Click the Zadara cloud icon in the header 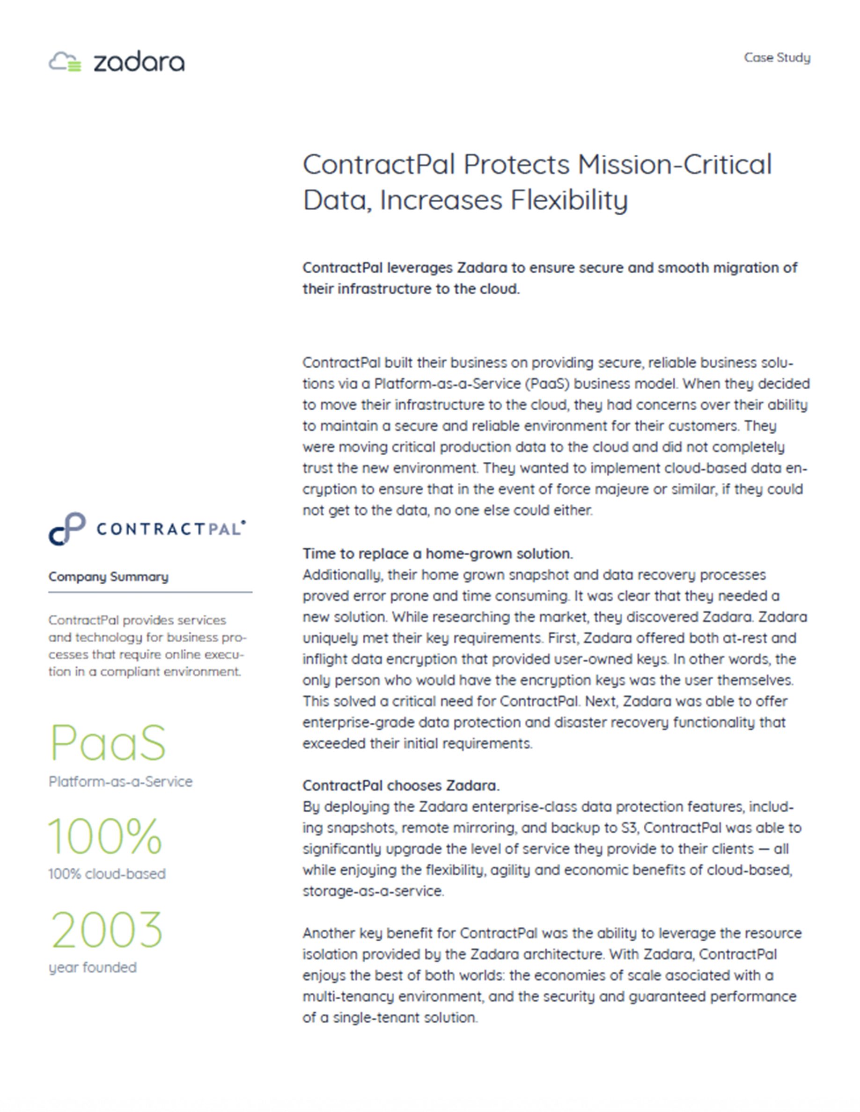coord(65,62)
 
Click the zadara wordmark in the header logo coord(139,62)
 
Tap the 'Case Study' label coord(777,58)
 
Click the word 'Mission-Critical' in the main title coord(675,165)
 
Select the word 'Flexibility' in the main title coord(569,200)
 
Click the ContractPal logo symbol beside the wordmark coord(67,528)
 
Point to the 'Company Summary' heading coord(108,576)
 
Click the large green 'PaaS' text coord(108,743)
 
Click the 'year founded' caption coord(93,967)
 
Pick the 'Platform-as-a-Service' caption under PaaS coord(120,782)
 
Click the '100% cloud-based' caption coord(107,874)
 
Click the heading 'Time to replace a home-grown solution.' coord(437,553)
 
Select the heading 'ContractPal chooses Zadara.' coord(400,785)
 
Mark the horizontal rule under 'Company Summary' coord(150,592)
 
